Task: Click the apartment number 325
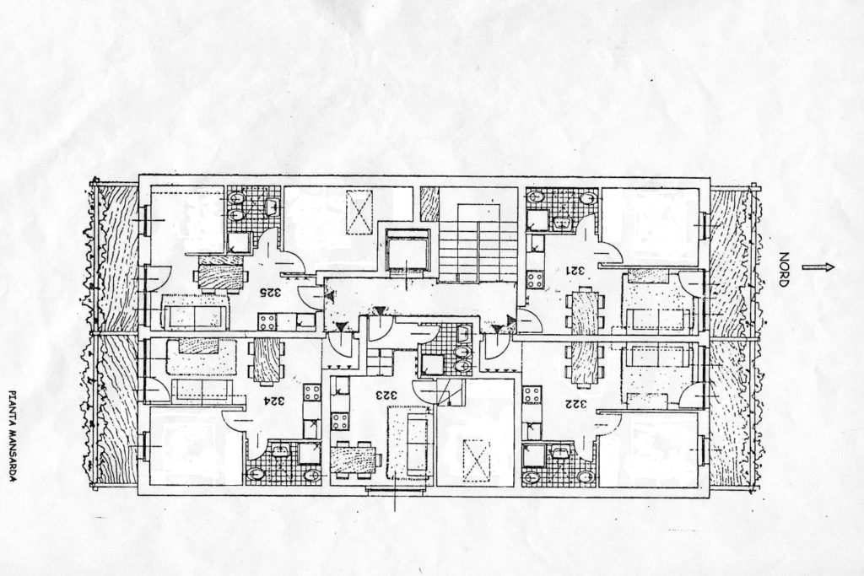coord(270,293)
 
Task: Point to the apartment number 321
coord(577,271)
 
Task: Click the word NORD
coord(784,270)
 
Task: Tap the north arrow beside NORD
coord(818,267)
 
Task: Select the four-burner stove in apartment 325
coord(267,321)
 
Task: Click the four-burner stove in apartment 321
coord(535,279)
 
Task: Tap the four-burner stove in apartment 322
coord(532,395)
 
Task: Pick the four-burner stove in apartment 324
coord(312,392)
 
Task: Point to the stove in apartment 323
coord(339,422)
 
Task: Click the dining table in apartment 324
coord(267,359)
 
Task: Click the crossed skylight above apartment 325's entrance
coord(359,213)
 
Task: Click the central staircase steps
coord(478,253)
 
